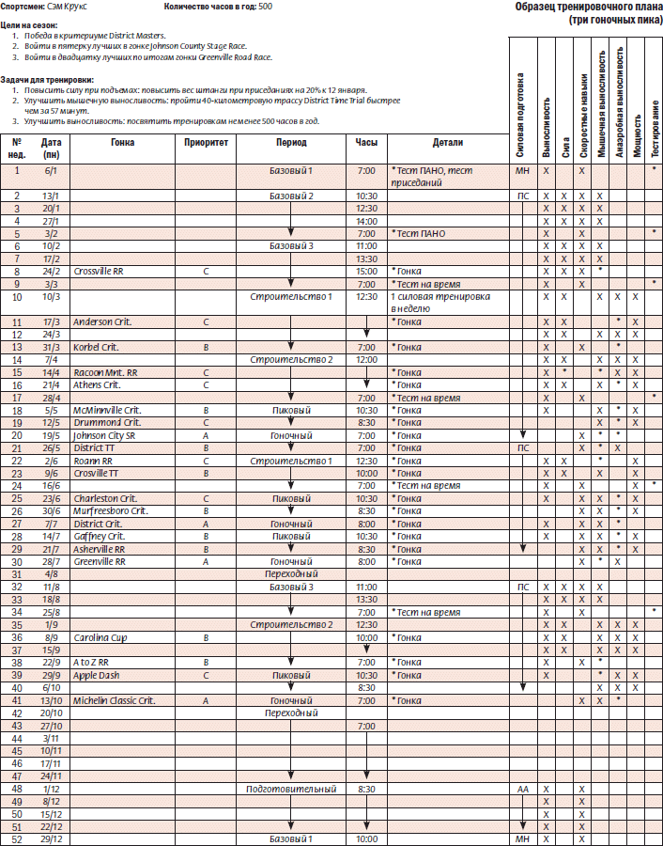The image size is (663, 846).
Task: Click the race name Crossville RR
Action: (99, 271)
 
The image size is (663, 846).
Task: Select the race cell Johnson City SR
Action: (104, 435)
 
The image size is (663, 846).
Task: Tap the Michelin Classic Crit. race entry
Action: (115, 701)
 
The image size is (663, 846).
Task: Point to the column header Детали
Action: (448, 143)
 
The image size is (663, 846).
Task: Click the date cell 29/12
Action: (51, 838)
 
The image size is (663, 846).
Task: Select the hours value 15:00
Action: (366, 271)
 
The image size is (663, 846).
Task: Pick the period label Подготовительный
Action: (291, 790)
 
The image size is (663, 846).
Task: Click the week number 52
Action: (17, 838)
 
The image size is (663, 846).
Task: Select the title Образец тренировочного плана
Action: (589, 8)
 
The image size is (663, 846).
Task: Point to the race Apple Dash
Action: (97, 676)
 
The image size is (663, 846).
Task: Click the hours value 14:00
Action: (366, 220)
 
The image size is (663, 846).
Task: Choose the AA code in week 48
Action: (522, 790)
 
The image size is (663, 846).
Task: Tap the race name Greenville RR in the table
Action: (101, 561)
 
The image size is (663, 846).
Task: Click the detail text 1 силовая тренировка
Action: (433, 297)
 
